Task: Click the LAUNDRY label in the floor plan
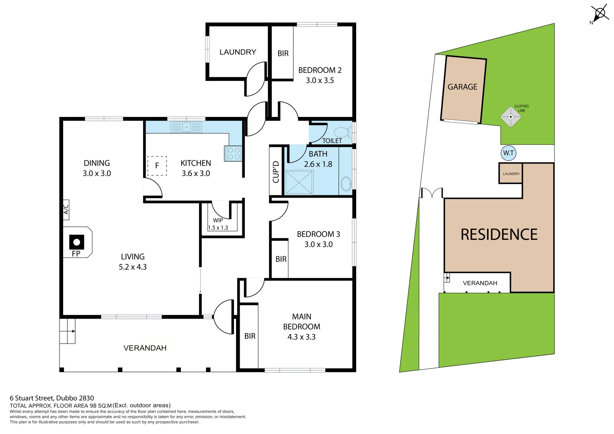click(238, 52)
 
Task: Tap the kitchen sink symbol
click(187, 127)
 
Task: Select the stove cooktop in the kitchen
click(233, 154)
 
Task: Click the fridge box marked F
click(157, 166)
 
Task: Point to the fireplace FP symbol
click(76, 243)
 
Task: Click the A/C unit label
click(66, 209)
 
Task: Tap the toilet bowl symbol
click(342, 131)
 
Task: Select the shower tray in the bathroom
click(299, 182)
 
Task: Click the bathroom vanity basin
click(345, 184)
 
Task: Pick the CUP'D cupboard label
click(276, 172)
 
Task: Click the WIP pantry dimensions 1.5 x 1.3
click(218, 228)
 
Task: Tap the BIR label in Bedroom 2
click(283, 53)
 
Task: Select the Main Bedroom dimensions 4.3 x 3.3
click(301, 337)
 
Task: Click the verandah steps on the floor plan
click(68, 331)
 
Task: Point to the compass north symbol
click(600, 14)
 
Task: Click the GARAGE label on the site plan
click(462, 87)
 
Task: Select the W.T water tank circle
click(509, 153)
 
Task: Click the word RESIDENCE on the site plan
click(499, 235)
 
